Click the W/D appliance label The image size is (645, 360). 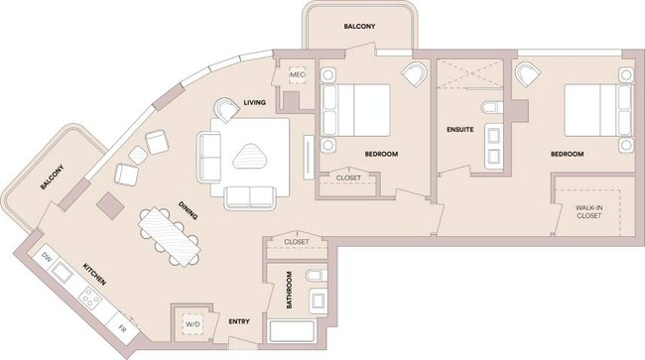coord(192,322)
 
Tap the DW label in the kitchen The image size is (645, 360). coord(46,258)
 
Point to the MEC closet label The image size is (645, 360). coord(297,75)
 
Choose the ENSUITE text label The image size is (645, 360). coord(459,130)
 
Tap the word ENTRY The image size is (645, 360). coord(239,322)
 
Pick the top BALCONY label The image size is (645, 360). coord(359,27)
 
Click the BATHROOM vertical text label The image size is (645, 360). coord(289,290)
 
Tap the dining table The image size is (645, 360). coord(171,236)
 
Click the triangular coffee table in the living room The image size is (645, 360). coord(253,155)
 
